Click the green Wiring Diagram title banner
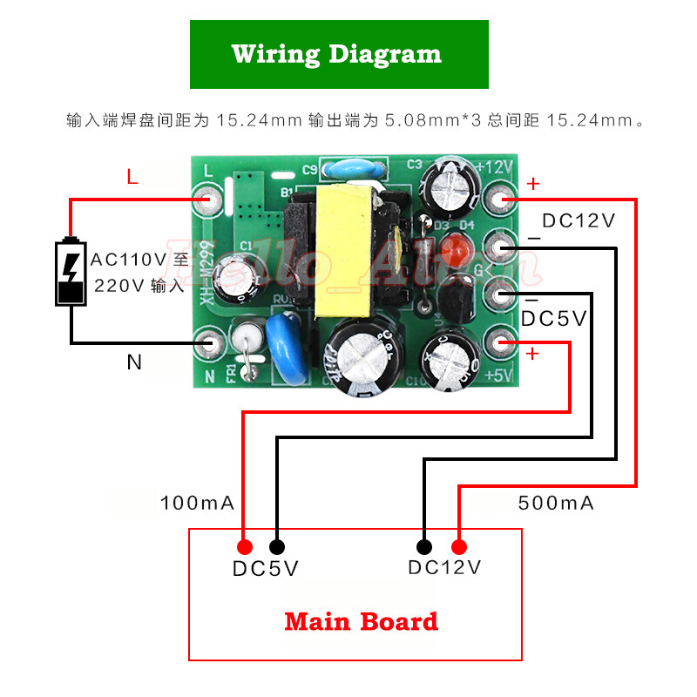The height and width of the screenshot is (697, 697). click(339, 54)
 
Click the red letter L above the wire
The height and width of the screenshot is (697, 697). click(132, 178)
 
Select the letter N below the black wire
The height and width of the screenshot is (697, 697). click(134, 362)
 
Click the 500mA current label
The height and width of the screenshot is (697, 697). click(556, 503)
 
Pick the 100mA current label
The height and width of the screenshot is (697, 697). click(197, 503)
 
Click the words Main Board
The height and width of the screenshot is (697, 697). click(361, 622)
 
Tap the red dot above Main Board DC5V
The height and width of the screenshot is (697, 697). click(245, 547)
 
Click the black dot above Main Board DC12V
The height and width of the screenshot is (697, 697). click(424, 547)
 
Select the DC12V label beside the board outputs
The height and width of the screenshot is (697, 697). click(579, 220)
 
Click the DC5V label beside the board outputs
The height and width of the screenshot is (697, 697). click(554, 319)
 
